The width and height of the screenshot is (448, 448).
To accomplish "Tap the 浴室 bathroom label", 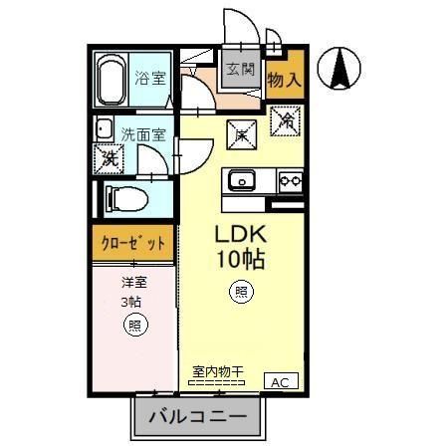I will coord(149,77).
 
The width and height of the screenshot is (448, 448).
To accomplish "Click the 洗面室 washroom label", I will coord(142,131).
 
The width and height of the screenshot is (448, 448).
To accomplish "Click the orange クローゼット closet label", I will coord(133,241).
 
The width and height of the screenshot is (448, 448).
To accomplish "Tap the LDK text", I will coord(238,237).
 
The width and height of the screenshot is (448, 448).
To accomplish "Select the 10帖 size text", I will coord(238,261).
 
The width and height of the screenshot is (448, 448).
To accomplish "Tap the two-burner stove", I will coord(289,180).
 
